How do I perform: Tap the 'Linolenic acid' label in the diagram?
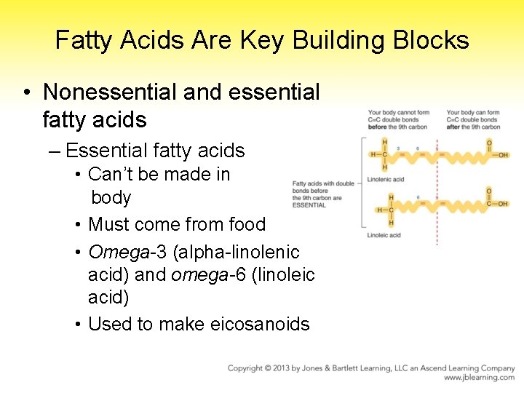tap(386, 179)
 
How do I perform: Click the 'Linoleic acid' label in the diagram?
tap(384, 235)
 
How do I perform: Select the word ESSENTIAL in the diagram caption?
tap(309, 206)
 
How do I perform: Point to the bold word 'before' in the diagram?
tap(378, 127)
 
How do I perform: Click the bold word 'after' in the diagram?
tap(453, 127)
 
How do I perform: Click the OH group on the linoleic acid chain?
tap(499, 204)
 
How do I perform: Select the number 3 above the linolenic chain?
tap(399, 148)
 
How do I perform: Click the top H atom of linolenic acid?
tap(384, 141)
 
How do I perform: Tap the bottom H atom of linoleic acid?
tap(391, 223)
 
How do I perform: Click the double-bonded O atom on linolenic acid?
tap(489, 142)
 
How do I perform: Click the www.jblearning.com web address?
tap(480, 378)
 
